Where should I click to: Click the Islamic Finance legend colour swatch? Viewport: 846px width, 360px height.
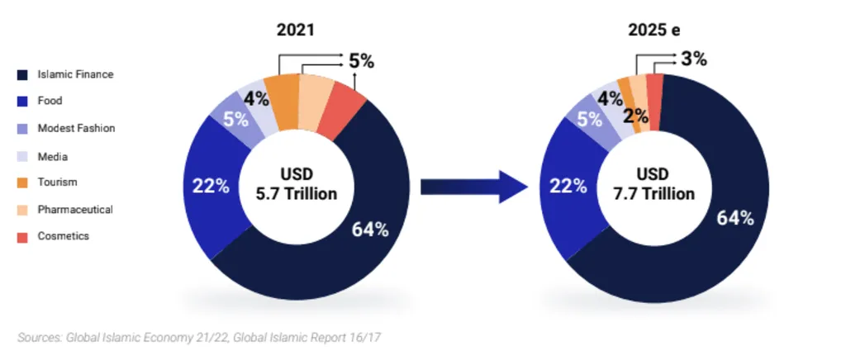(23, 75)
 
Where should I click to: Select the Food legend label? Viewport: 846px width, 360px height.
(50, 102)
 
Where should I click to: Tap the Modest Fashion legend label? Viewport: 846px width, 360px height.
(76, 129)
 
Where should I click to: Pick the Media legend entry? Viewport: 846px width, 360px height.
(52, 156)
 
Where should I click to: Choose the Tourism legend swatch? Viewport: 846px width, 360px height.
(23, 182)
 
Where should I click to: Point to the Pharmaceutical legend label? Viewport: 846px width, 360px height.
(74, 210)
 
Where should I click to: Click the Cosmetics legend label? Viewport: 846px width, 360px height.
(63, 236)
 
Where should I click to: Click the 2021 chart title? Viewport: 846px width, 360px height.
(295, 31)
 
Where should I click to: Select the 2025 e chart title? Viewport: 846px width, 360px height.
(654, 31)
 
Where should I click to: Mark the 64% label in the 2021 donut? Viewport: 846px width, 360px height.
(370, 230)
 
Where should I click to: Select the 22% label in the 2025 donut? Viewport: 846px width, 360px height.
(564, 187)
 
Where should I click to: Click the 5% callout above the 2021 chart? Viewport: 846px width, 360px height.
(360, 60)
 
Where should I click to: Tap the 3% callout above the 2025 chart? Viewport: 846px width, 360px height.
(693, 59)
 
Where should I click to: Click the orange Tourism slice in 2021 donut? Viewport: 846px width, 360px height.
(286, 102)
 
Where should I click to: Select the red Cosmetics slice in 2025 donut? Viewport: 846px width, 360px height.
(654, 101)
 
